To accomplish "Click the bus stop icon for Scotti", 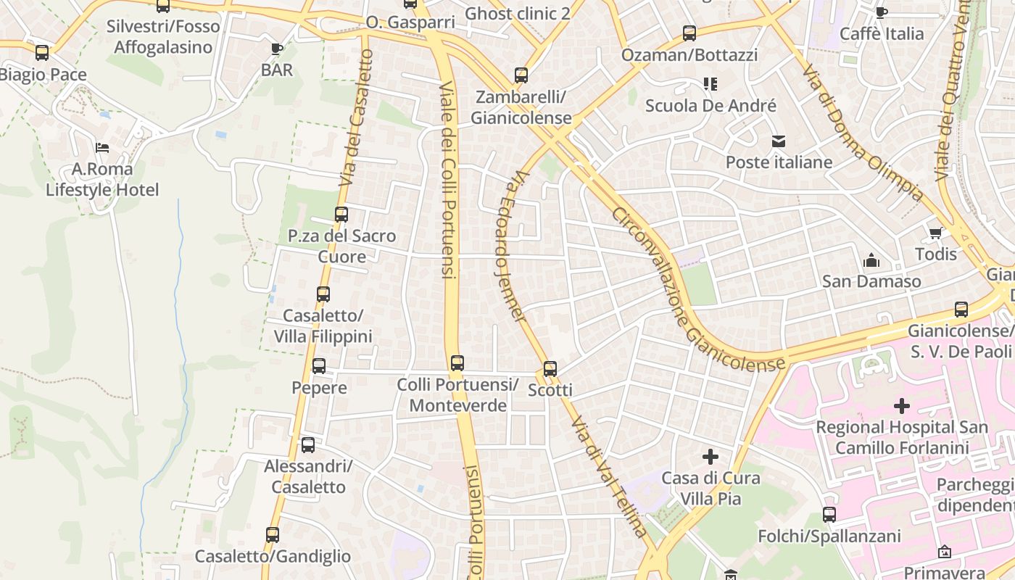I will (x=550, y=369).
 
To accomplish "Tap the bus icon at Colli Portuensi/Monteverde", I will (x=457, y=363).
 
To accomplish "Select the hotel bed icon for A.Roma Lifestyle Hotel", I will (x=102, y=148).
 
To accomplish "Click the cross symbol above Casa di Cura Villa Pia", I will (x=710, y=457).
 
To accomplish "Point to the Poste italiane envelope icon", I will (x=779, y=141).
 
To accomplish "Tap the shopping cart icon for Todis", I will (x=935, y=233).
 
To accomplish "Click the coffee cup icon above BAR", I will (x=276, y=49).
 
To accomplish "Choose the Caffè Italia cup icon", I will (x=881, y=12).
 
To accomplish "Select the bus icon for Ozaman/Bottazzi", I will (x=689, y=33).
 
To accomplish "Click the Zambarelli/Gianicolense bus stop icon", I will (x=521, y=75).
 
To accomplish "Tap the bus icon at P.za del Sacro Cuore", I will (x=341, y=215).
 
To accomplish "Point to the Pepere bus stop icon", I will (x=319, y=366).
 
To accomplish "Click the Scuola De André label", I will (x=710, y=106).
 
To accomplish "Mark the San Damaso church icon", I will (x=871, y=260).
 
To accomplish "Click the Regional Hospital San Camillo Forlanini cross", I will (x=902, y=406).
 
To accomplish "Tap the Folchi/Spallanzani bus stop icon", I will (x=829, y=515).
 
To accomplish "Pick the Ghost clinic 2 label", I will (x=518, y=13).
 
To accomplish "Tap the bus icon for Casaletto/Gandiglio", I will (x=273, y=535).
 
